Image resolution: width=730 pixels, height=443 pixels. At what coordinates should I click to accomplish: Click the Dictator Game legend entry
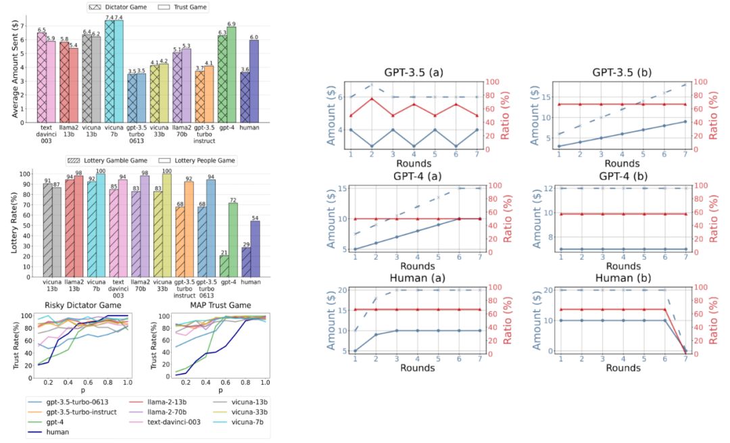coord(122,7)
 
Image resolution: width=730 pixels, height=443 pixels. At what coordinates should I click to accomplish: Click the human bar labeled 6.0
coord(254,80)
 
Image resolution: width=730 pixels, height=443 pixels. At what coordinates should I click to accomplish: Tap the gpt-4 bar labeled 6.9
coord(232,74)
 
